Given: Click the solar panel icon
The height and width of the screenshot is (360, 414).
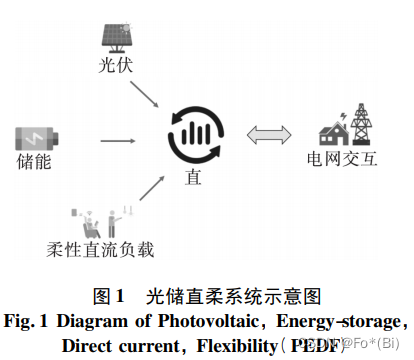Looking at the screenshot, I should tap(112, 34).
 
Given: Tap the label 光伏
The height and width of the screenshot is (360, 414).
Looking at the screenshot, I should tap(113, 65).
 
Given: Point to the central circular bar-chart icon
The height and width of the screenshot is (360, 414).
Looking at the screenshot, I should tap(194, 132).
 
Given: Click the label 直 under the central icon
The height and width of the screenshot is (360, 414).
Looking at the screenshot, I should tap(193, 178).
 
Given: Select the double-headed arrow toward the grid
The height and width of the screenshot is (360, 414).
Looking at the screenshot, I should tap(267, 133).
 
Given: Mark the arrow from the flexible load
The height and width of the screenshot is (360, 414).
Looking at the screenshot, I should tap(148, 190).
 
